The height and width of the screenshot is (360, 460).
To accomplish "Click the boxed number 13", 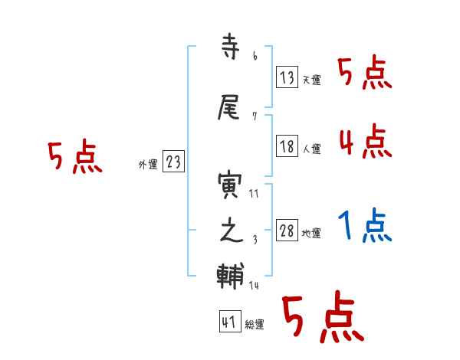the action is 287,77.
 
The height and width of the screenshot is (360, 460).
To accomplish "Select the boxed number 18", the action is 287,147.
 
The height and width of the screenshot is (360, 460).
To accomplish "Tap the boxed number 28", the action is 287,231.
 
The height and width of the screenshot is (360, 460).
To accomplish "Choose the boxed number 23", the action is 173,162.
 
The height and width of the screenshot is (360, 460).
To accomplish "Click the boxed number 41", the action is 229,322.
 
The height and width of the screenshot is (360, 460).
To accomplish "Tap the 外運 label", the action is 148,164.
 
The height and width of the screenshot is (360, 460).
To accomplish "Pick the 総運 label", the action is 254,325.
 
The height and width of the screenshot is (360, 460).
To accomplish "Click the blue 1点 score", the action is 365,225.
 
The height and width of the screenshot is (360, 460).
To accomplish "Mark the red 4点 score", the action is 365,141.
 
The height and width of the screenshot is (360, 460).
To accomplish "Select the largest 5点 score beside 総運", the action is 321,319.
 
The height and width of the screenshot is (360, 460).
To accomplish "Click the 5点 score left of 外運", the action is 74,157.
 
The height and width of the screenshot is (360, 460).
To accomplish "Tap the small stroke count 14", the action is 254,285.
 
